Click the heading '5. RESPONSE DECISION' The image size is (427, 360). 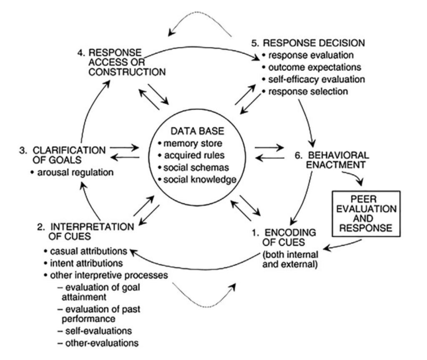(x=309, y=43)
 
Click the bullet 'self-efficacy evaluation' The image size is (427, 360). (x=313, y=79)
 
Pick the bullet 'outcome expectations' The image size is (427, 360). (x=311, y=67)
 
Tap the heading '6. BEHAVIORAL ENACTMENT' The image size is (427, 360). (x=332, y=160)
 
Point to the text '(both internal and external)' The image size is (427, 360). (x=291, y=259)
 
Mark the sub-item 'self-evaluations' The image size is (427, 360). (x=96, y=331)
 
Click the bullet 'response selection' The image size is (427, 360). (x=308, y=91)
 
